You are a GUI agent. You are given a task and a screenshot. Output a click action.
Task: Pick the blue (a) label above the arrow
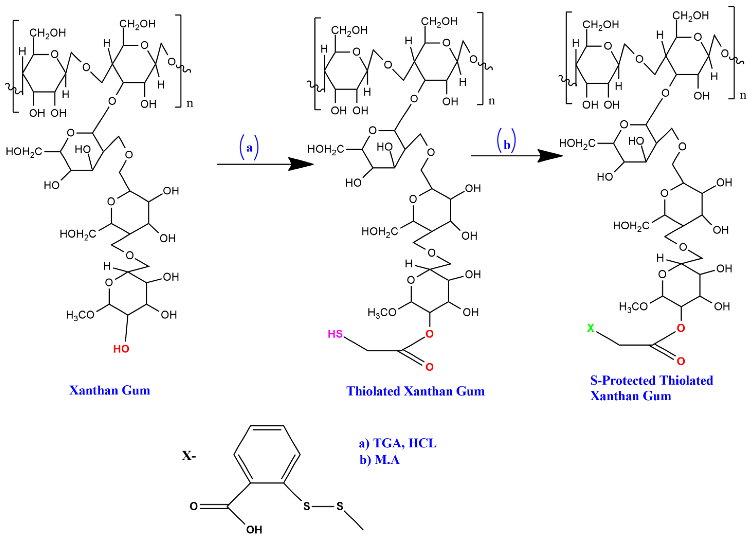[249, 147]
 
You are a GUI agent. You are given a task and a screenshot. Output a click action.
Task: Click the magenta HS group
[335, 334]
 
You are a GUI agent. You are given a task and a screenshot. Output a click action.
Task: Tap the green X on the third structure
[590, 328]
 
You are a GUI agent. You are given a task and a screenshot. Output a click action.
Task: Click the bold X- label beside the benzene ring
[189, 456]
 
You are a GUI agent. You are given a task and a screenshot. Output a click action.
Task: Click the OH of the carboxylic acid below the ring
[254, 529]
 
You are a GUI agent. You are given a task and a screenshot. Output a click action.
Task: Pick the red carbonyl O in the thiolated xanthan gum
[430, 367]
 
